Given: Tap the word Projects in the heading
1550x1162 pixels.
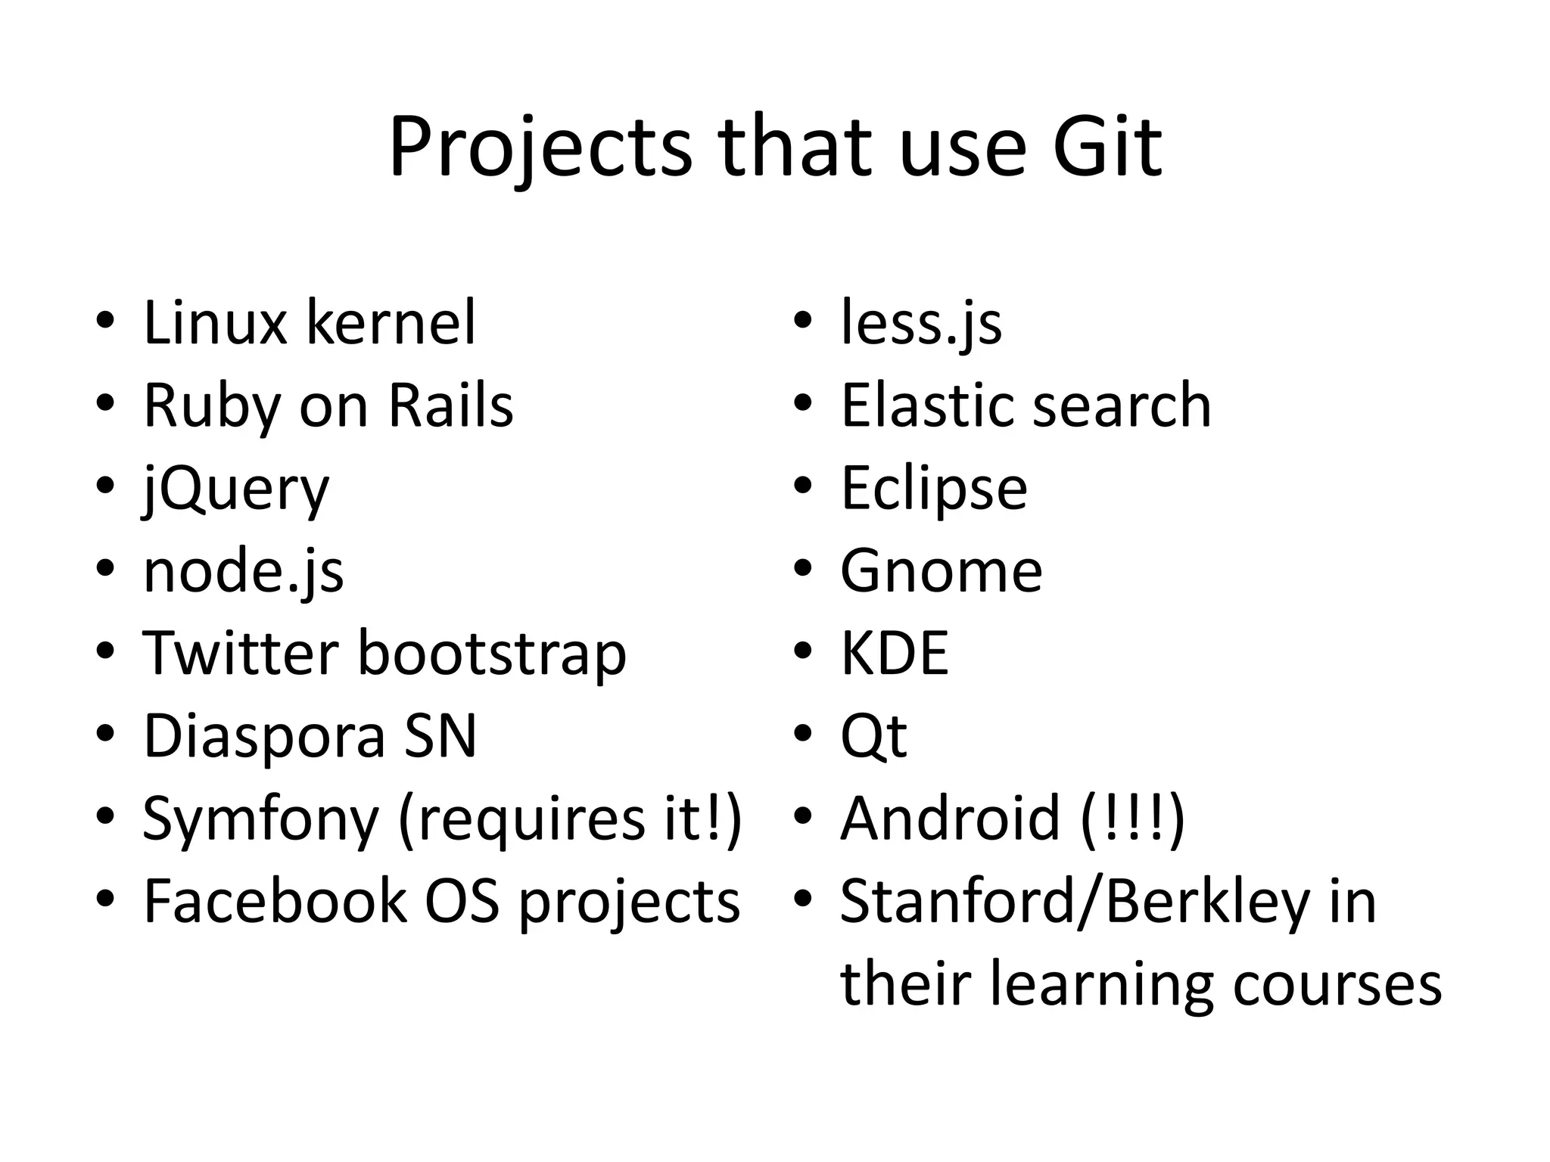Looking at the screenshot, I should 540,148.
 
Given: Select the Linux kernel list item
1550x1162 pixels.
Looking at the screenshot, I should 310,323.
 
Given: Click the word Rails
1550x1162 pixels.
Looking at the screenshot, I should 450,405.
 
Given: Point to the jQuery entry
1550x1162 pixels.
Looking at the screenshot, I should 236,490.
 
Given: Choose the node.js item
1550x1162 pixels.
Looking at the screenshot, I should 243,571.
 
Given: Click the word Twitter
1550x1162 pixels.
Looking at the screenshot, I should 240,653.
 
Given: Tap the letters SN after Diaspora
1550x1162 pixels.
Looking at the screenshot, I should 440,735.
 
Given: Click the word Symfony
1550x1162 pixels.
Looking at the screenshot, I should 260,820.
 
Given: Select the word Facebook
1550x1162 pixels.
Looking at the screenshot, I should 275,902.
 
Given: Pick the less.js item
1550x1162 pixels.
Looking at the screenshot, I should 921,325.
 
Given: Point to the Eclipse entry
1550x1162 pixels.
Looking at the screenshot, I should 934,490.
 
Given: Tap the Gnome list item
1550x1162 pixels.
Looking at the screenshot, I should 941,571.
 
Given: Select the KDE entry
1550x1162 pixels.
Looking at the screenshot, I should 895,653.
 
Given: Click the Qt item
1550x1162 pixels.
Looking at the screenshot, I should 873,737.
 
